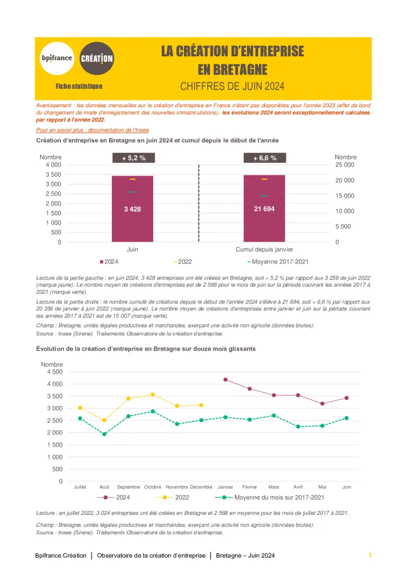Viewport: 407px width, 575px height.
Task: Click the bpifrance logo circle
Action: (57, 58)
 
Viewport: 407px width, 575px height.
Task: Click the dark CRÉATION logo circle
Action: (97, 58)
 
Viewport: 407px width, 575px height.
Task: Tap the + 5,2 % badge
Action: (132, 158)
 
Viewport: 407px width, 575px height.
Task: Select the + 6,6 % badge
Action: (264, 158)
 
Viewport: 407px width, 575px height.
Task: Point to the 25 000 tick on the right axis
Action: (345, 165)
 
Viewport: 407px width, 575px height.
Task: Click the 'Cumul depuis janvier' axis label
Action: (264, 249)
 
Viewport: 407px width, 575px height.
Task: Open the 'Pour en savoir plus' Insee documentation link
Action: (92, 130)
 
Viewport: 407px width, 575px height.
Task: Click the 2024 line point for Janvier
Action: (225, 379)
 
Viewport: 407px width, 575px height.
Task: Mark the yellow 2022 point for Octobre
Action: (152, 395)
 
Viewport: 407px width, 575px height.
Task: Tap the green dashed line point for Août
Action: (104, 434)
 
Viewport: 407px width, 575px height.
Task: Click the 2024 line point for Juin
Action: (347, 398)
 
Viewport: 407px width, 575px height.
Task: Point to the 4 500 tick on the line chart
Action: (55, 372)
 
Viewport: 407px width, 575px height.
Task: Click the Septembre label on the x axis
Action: (129, 487)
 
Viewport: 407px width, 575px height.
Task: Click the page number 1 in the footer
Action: (370, 555)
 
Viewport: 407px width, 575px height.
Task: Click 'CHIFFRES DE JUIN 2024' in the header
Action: (232, 86)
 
